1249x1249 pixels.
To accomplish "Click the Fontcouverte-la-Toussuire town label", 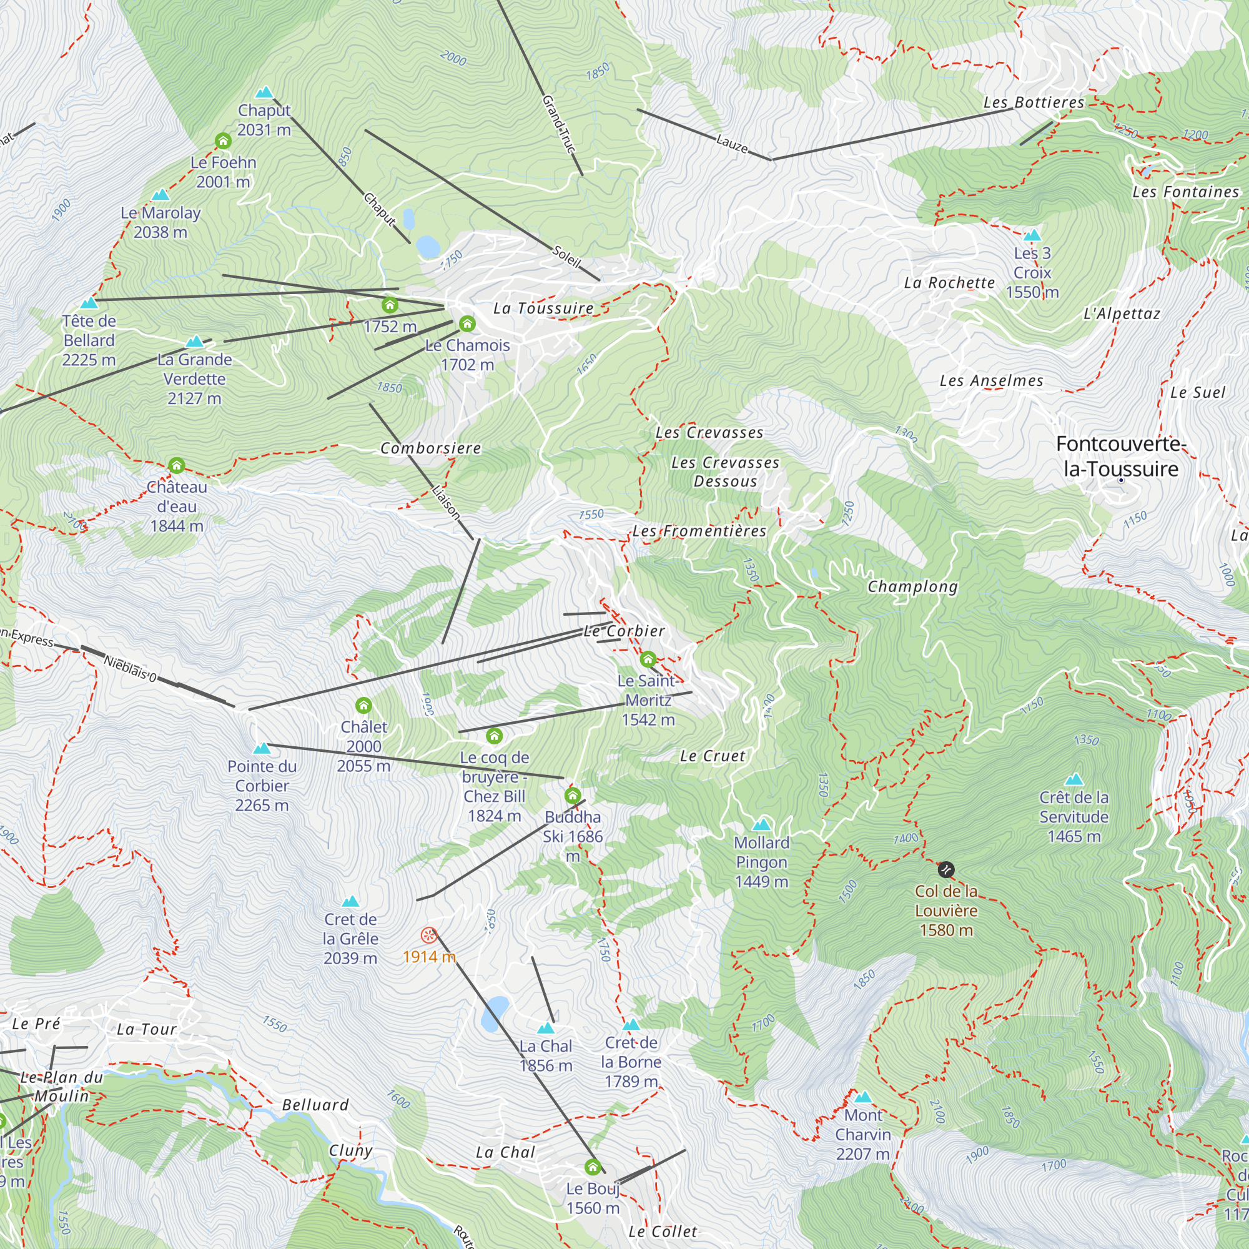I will pos(1121,457).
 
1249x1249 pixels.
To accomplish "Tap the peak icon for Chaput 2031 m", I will pos(264,92).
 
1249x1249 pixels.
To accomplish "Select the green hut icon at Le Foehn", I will pos(223,141).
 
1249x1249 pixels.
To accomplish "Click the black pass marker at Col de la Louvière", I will pos(945,869).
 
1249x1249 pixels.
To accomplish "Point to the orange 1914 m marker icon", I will pos(428,935).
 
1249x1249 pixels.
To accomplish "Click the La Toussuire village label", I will pos(543,309).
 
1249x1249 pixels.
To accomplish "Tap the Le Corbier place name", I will pos(624,631).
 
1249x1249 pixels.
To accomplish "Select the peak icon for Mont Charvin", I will pos(863,1097).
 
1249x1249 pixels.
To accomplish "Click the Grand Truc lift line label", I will pos(558,124).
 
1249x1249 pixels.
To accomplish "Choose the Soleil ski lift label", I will pos(567,257).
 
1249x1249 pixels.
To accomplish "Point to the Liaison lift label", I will pos(446,501).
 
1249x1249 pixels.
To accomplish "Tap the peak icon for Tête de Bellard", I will pos(89,302).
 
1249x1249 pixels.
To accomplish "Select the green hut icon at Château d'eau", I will pos(177,465).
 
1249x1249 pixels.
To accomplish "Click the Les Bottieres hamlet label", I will pos(1033,102).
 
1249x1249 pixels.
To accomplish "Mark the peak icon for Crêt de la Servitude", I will pos(1074,779).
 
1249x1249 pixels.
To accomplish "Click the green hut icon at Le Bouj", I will pos(593,1168).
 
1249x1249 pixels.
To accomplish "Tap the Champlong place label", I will pos(912,586).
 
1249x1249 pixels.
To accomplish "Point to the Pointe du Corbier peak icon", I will pos(261,749).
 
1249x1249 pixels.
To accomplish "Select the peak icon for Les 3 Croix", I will pos(1032,235).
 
